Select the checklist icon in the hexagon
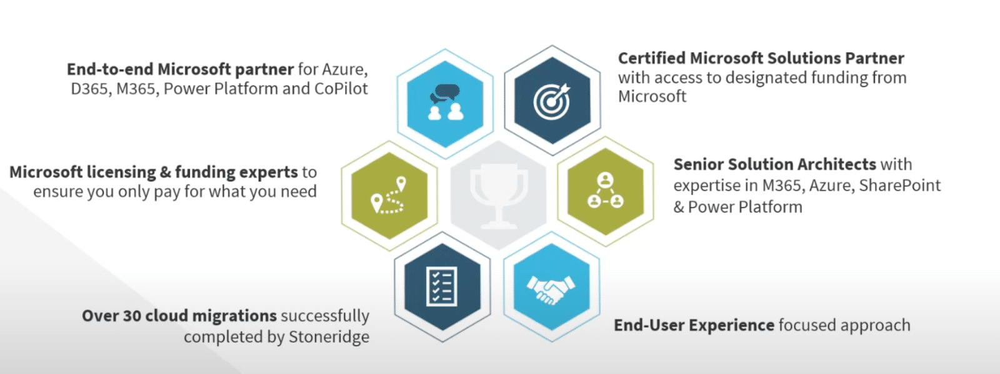pyautogui.click(x=442, y=287)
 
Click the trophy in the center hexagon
pyautogui.click(x=498, y=195)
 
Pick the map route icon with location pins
pyautogui.click(x=389, y=195)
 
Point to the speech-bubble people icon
pyautogui.click(x=445, y=103)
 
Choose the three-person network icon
pyautogui.click(x=605, y=191)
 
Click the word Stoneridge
pyautogui.click(x=329, y=337)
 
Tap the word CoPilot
pyautogui.click(x=341, y=89)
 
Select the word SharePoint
pyautogui.click(x=899, y=186)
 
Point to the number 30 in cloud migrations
pyautogui.click(x=132, y=316)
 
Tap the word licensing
pyautogui.click(x=121, y=172)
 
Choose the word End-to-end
pyautogui.click(x=110, y=69)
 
